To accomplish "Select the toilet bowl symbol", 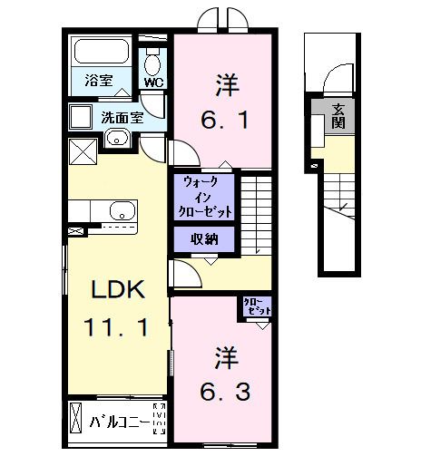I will click(x=152, y=59).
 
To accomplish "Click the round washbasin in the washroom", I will click(x=115, y=138).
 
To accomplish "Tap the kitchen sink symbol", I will click(x=122, y=212).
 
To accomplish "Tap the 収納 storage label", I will click(x=205, y=238).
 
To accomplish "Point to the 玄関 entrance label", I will click(x=338, y=116).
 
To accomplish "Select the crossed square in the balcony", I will click(x=75, y=422).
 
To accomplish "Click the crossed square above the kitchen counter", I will click(x=83, y=152).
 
